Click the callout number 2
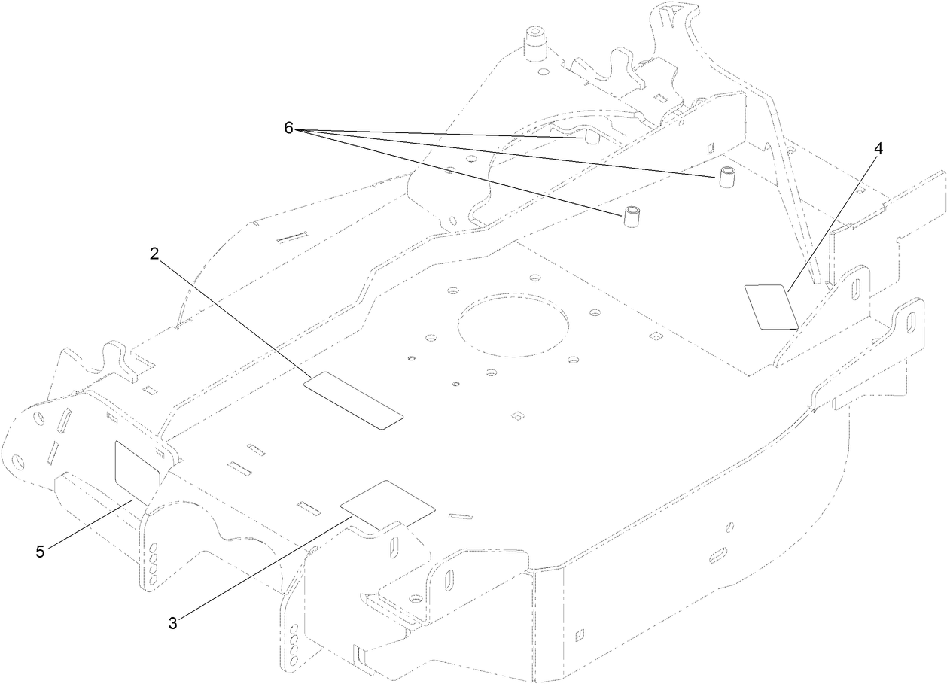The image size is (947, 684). tap(154, 254)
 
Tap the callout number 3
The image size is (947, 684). tap(173, 624)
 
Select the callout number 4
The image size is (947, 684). tap(878, 149)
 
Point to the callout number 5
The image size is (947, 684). tap(40, 552)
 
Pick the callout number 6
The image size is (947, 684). tap(288, 128)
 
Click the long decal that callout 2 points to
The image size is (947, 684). tap(354, 400)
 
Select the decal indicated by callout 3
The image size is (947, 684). tap(388, 506)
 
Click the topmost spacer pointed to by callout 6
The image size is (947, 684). tap(592, 138)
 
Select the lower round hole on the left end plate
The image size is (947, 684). tap(18, 461)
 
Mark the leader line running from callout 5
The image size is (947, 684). tap(90, 524)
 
